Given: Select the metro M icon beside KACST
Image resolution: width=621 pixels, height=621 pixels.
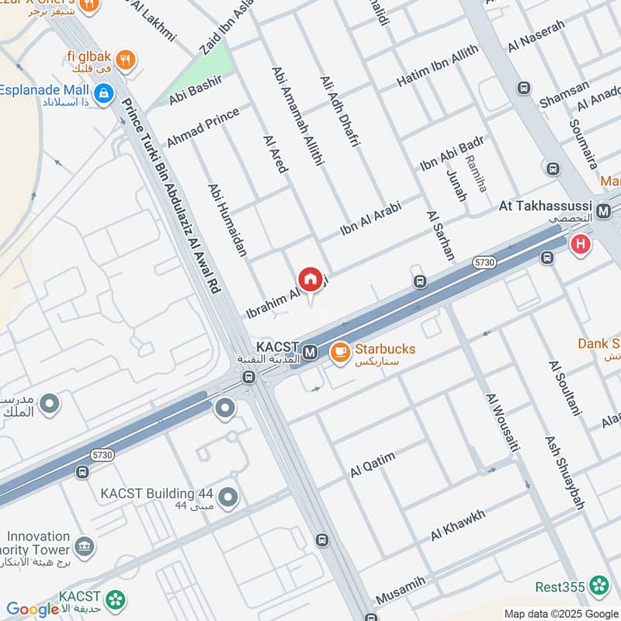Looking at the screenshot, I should coord(310,352).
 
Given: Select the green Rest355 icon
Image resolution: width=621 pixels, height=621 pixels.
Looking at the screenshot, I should coord(598,586).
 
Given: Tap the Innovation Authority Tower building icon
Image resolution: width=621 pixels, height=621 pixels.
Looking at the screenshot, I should coord(85,547).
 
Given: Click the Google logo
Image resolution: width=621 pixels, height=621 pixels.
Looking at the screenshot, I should coord(33,610).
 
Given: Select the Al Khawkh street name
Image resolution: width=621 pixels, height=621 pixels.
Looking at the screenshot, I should coord(458,526).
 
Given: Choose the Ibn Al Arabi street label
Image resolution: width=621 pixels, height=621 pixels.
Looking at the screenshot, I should coord(370,219).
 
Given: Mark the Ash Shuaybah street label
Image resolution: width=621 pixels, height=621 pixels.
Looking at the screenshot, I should coord(564,473).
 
